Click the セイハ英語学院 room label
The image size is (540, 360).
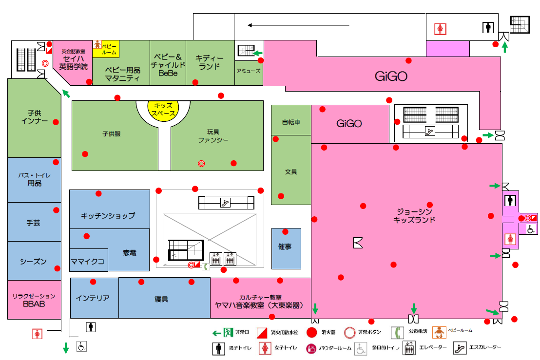click(73, 61)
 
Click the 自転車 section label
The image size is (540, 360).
click(290, 122)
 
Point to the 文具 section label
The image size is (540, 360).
click(291, 172)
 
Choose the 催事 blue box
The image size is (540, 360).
click(286, 247)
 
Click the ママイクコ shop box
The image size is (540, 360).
click(88, 261)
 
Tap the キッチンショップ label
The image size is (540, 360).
click(108, 215)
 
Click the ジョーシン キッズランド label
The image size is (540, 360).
click(414, 215)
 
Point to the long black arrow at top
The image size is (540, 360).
click(298, 25)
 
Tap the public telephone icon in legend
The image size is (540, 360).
click(398, 332)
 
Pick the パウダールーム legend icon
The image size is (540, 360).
click(311, 348)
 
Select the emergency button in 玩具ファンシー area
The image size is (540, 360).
click(201, 164)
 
